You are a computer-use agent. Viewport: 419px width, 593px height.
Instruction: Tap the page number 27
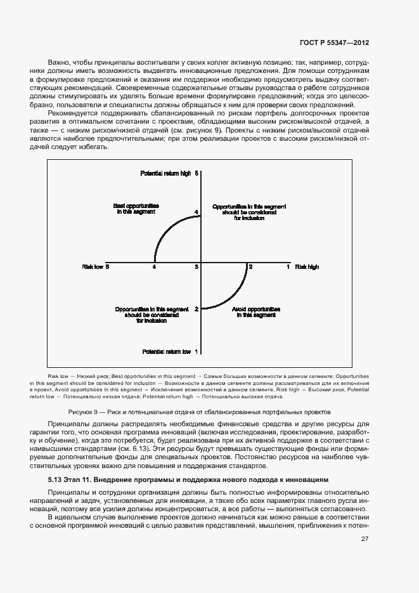[x=364, y=539]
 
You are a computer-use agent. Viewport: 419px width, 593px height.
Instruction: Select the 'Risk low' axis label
[x=92, y=267]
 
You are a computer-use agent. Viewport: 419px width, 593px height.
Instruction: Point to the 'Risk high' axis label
[x=307, y=267]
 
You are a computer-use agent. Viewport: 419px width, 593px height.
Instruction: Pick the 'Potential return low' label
[x=166, y=351]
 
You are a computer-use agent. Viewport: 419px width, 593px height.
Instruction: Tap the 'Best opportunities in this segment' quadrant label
[x=136, y=209]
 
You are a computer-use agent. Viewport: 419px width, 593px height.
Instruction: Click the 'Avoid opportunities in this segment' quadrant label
[x=257, y=311]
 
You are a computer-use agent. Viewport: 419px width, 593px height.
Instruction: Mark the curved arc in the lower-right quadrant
[x=231, y=296]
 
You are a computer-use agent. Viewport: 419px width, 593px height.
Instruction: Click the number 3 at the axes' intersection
[x=197, y=267]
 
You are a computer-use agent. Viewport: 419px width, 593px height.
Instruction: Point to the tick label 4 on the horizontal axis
[x=154, y=267]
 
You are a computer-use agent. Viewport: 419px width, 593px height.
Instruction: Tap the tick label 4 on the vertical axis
[x=197, y=212]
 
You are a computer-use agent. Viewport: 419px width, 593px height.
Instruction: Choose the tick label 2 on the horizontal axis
[x=250, y=267]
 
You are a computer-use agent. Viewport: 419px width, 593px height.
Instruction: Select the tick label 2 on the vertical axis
[x=197, y=309]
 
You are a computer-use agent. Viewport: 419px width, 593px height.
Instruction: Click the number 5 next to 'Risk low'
[x=108, y=267]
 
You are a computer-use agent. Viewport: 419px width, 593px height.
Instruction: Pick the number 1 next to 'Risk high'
[x=288, y=267]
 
